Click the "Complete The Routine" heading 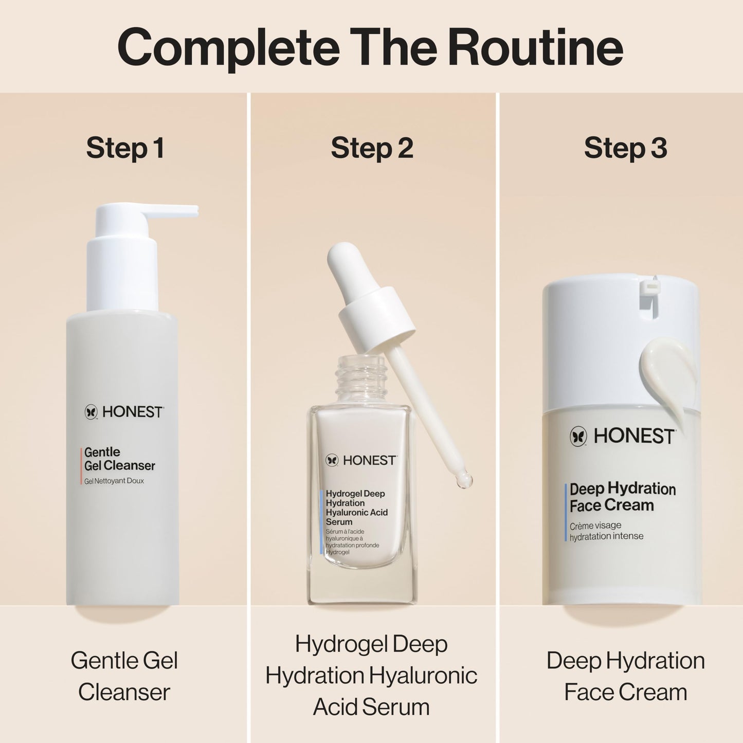pyautogui.click(x=370, y=47)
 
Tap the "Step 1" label pyautogui.click(x=125, y=148)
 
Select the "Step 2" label pyautogui.click(x=372, y=148)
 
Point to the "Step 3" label pyautogui.click(x=625, y=148)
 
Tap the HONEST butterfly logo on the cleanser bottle pyautogui.click(x=91, y=412)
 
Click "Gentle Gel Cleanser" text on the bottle pyautogui.click(x=119, y=459)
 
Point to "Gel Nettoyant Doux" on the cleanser pyautogui.click(x=114, y=481)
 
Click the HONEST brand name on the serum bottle pyautogui.click(x=369, y=460)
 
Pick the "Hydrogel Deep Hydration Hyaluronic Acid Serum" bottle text pyautogui.click(x=356, y=508)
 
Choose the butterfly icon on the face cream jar pyautogui.click(x=578, y=437)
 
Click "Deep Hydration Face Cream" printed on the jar pyautogui.click(x=622, y=497)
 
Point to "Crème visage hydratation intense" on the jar pyautogui.click(x=606, y=531)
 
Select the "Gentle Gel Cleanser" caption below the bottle pyautogui.click(x=124, y=676)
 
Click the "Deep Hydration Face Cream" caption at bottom pyautogui.click(x=625, y=676)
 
